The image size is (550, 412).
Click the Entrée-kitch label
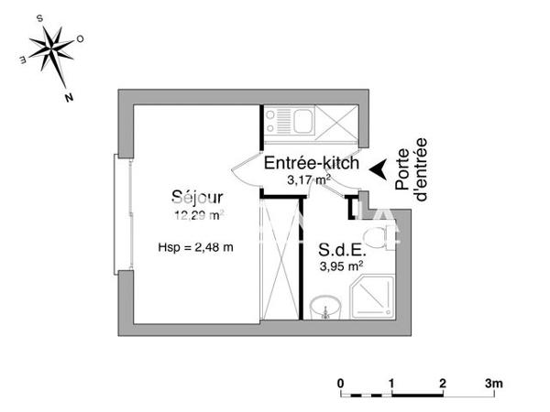click(310, 163)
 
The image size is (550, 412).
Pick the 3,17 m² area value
click(308, 180)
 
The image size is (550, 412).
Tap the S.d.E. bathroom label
click(342, 250)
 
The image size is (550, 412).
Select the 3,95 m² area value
click(341, 266)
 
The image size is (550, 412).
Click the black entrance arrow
click(377, 168)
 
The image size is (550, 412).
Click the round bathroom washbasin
click(324, 308)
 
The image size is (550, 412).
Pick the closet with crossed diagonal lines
click(280, 259)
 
